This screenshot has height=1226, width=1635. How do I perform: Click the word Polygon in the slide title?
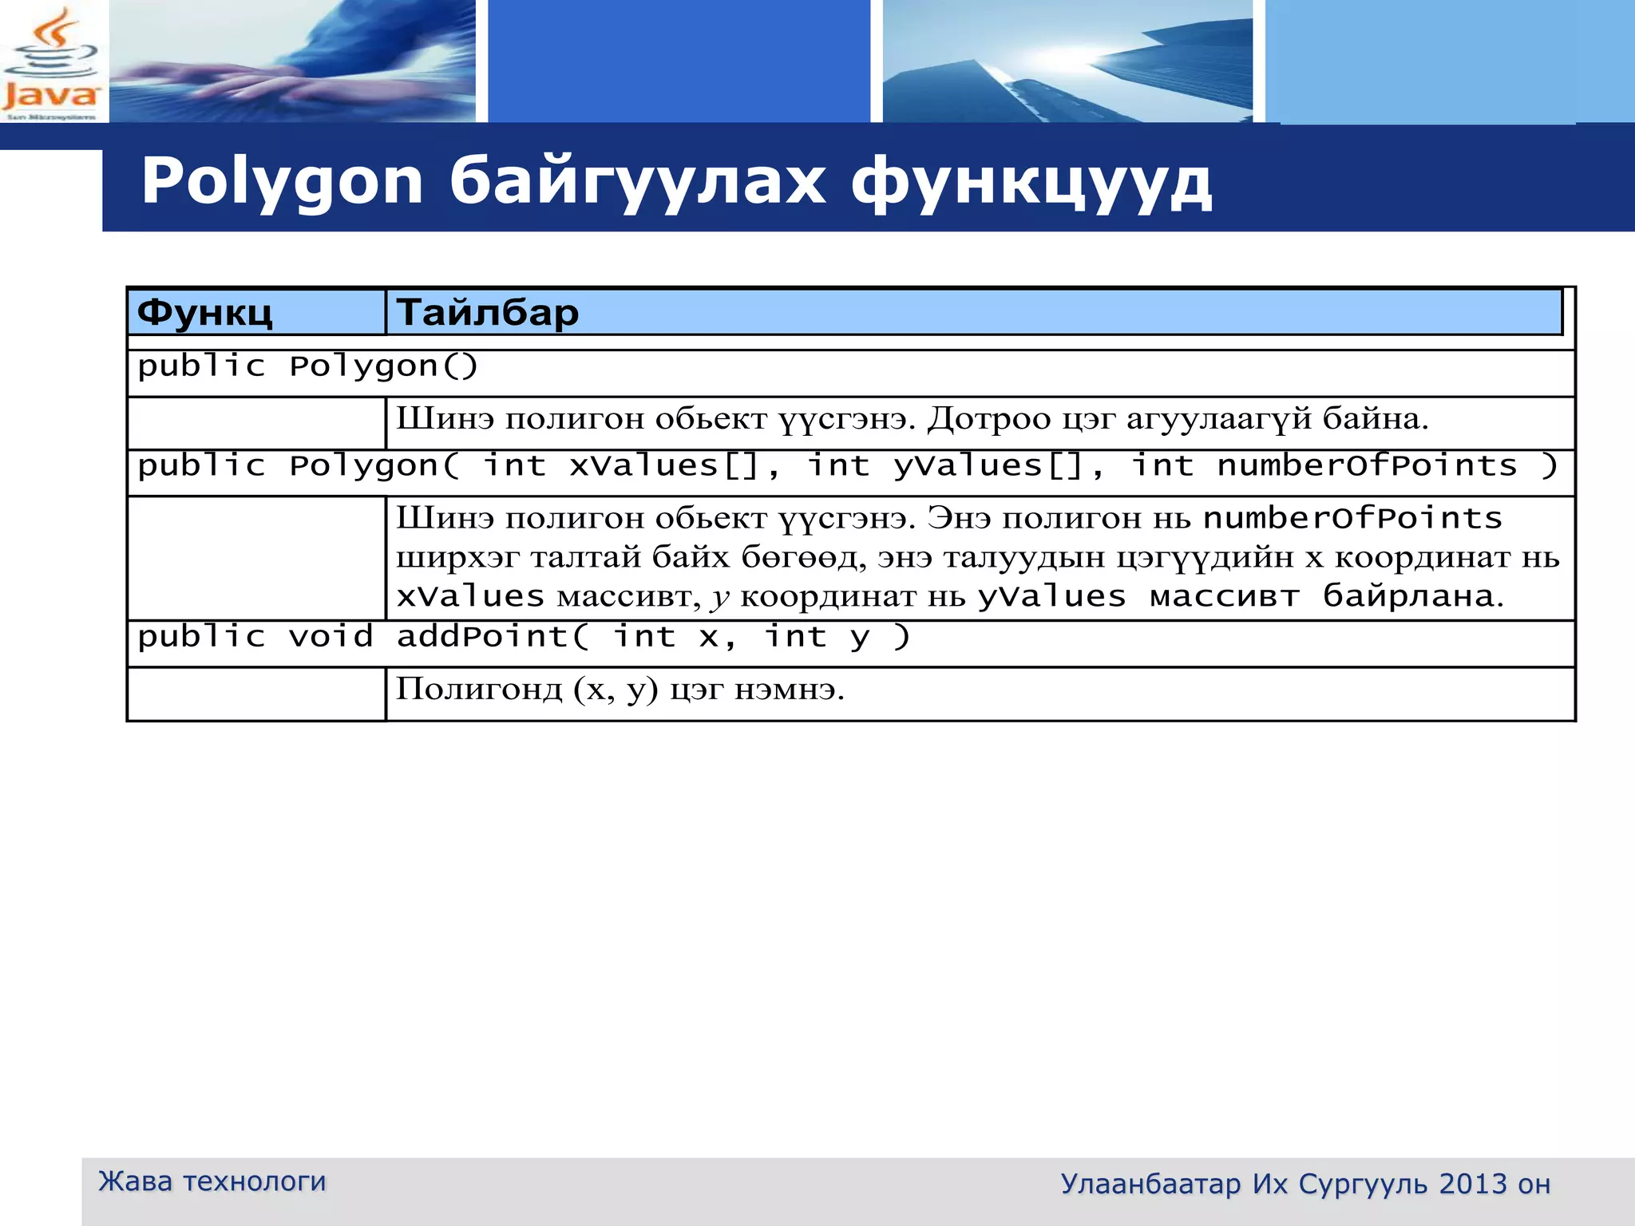[282, 183]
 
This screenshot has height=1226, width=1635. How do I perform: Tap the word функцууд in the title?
[1031, 183]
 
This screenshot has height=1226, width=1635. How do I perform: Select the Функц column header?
[205, 312]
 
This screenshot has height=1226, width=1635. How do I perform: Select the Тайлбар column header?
[488, 312]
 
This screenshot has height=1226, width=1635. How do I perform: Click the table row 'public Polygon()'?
[307, 366]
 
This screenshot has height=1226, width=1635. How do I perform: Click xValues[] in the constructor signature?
[663, 466]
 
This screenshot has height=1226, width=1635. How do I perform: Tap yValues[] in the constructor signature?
[988, 466]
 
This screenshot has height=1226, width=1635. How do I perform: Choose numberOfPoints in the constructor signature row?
[1367, 466]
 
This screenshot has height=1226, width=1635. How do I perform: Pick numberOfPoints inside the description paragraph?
[1352, 519]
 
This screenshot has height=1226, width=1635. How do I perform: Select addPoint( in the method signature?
[493, 637]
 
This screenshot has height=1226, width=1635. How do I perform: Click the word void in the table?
[331, 637]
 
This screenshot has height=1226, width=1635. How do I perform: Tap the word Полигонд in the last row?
[479, 689]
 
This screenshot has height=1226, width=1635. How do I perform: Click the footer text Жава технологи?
[212, 1181]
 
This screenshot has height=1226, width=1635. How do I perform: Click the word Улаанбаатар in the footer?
[1150, 1184]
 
